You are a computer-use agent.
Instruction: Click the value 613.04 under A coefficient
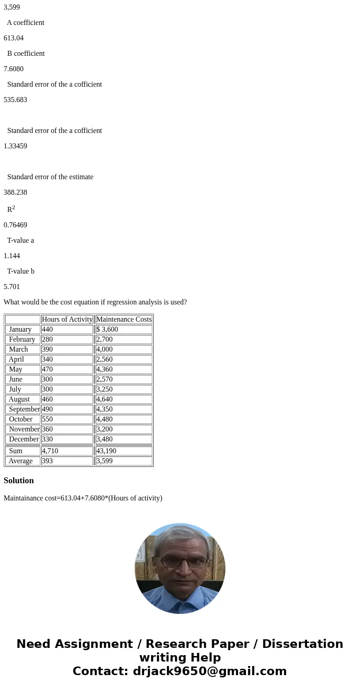(x=14, y=38)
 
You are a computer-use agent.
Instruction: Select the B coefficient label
(x=26, y=54)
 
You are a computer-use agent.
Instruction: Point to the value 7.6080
(x=14, y=69)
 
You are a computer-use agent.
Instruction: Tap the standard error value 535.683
(x=15, y=100)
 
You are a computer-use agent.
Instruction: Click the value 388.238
(x=15, y=192)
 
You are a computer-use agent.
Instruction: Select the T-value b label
(x=21, y=271)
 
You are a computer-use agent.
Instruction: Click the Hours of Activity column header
(x=67, y=319)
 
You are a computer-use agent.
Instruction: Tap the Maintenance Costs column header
(x=124, y=319)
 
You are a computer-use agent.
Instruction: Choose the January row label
(x=20, y=329)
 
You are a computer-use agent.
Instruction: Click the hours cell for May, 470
(x=48, y=369)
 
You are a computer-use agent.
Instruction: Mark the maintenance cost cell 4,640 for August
(x=104, y=399)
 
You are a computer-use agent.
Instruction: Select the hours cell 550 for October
(x=48, y=419)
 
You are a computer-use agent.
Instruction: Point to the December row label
(x=24, y=439)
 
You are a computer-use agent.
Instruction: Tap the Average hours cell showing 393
(x=48, y=461)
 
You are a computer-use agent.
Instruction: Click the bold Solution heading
(x=19, y=480)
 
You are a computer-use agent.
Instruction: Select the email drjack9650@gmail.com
(x=209, y=671)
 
